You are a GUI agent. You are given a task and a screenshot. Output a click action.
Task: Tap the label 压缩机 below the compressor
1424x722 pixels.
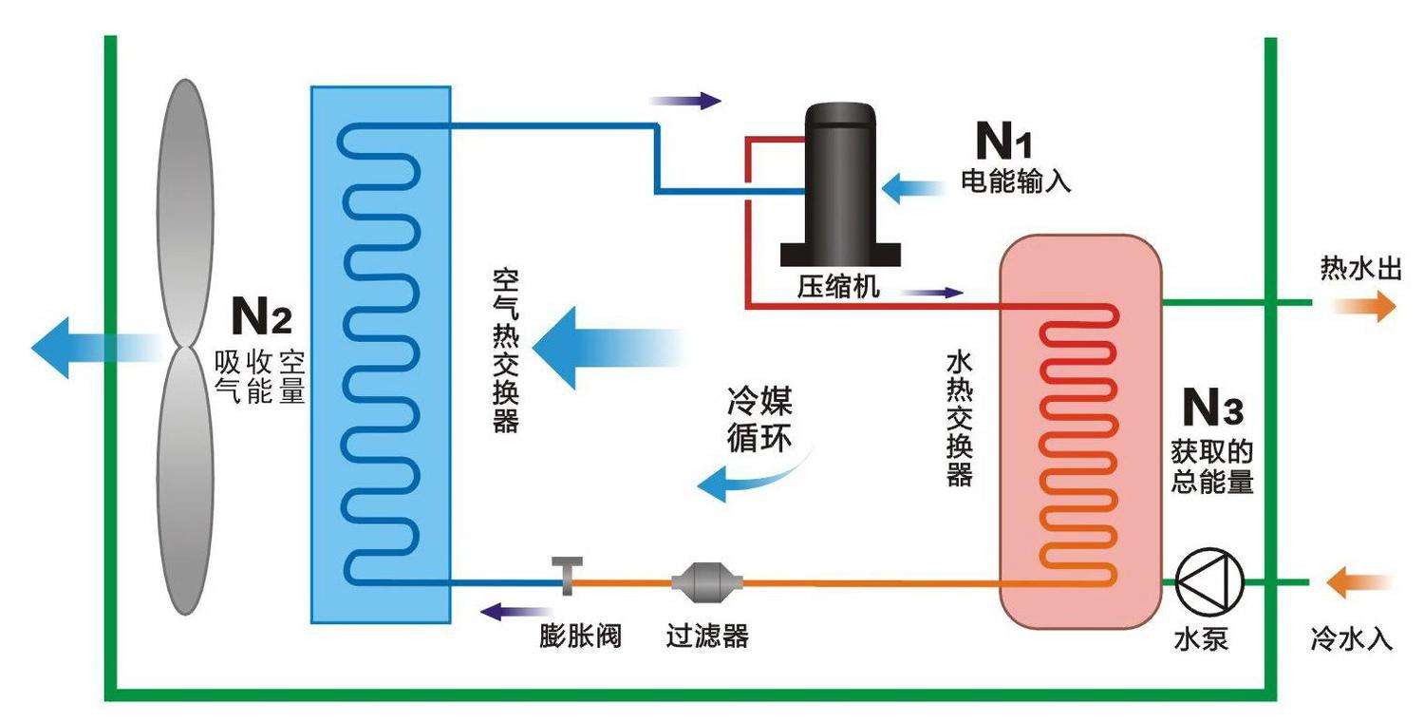(838, 287)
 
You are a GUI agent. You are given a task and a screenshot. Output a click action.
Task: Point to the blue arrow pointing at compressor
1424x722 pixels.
(911, 186)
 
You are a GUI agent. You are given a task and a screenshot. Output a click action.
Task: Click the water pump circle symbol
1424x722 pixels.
(1209, 580)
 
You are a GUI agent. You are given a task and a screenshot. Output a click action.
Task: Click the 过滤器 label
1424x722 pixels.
(707, 635)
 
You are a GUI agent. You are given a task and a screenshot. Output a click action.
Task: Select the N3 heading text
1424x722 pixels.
(1211, 408)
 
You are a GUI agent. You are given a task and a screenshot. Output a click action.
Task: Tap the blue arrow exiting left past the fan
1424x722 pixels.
(85, 348)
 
